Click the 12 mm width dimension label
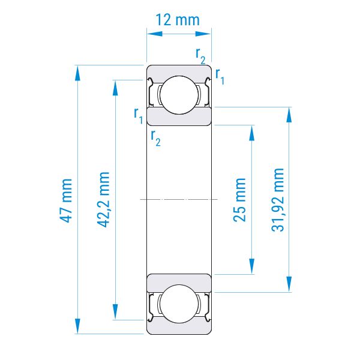178,20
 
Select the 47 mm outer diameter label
66,200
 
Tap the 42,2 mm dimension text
103,199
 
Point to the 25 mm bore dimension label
239,200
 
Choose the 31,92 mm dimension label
278,200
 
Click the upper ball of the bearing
179,95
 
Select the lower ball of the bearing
179,304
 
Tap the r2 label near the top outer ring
200,56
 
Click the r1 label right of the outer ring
220,77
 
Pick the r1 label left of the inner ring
139,115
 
